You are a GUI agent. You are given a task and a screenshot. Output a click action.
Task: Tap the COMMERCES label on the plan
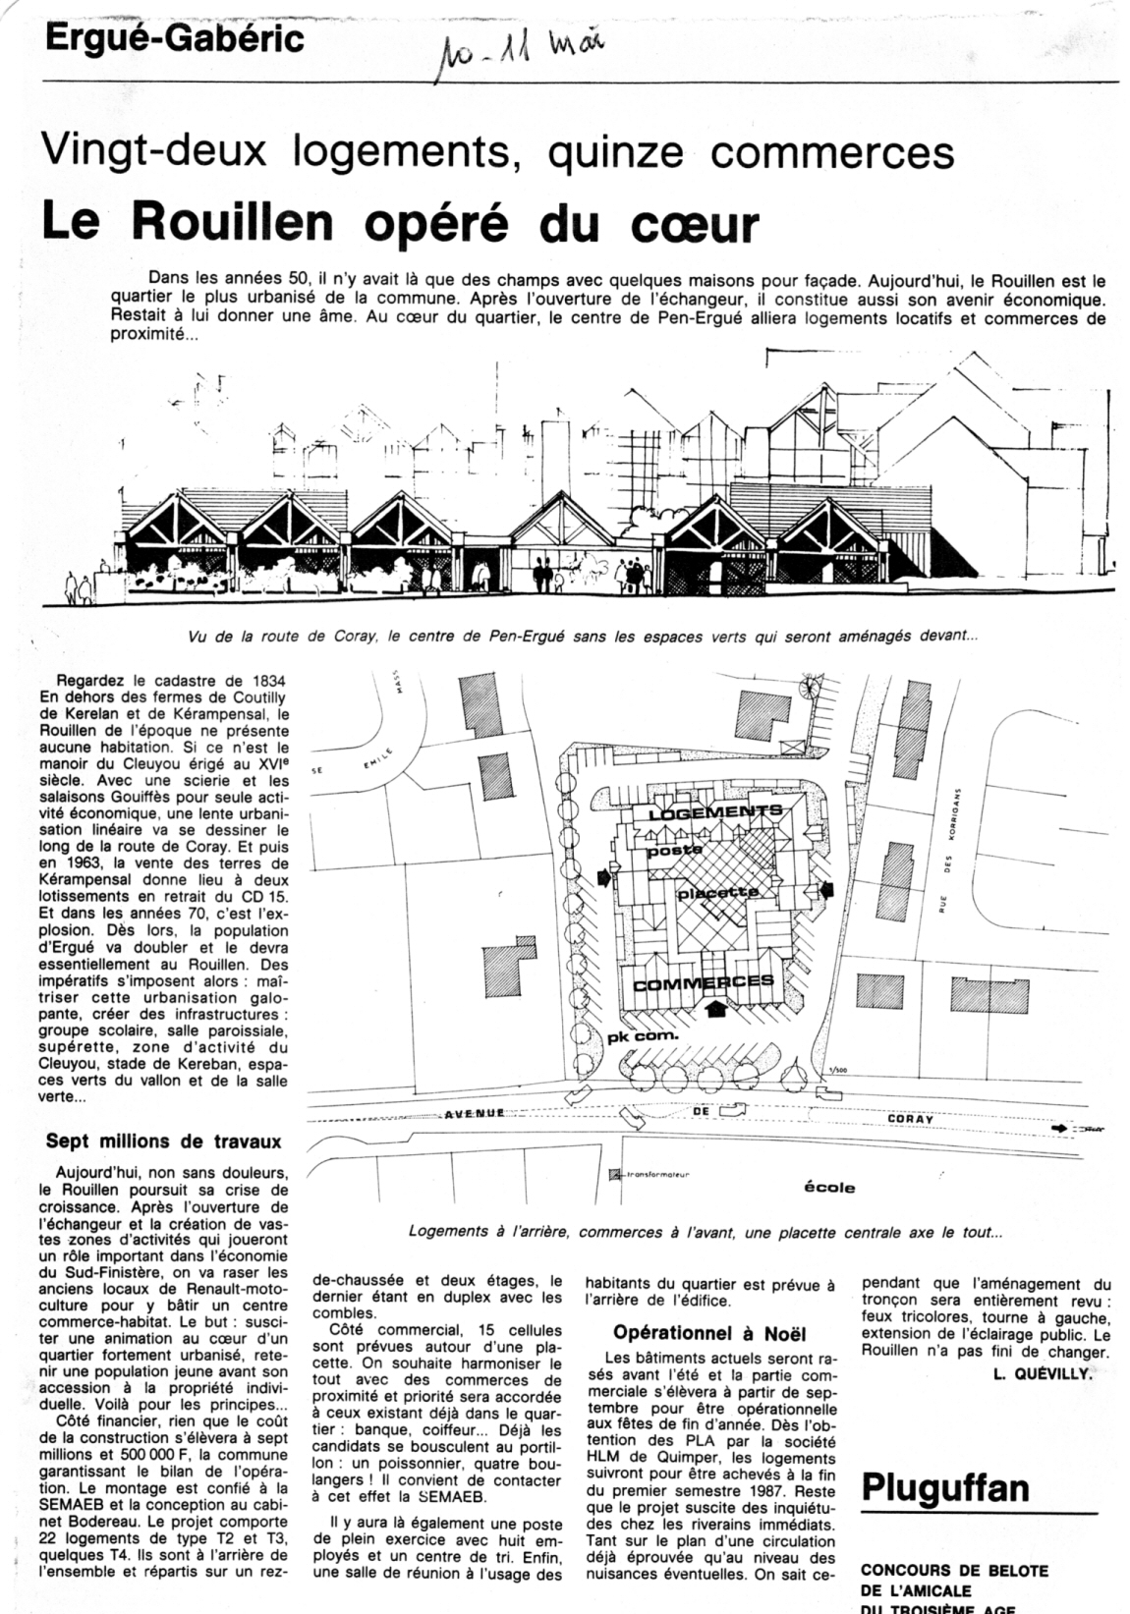[704, 982]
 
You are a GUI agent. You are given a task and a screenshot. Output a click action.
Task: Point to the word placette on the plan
[717, 893]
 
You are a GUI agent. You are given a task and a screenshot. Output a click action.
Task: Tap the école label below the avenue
[829, 1187]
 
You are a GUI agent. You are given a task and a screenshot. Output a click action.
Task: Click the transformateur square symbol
[616, 1173]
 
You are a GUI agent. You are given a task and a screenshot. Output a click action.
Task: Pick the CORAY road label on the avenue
[910, 1119]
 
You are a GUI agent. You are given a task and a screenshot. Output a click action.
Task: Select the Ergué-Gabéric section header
[174, 39]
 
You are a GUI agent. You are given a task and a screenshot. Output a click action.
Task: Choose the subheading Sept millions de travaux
[164, 1141]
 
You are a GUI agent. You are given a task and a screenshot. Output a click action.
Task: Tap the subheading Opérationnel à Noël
[708, 1333]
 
